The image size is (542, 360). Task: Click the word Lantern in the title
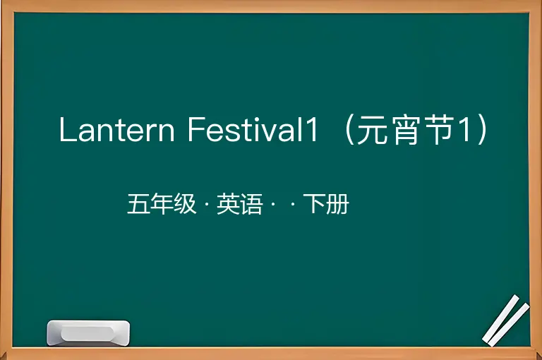[x=117, y=130]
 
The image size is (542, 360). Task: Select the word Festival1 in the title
[x=253, y=129]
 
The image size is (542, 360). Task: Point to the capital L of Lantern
[x=67, y=129]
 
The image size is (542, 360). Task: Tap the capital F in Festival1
[x=196, y=129]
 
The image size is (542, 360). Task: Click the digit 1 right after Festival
[x=311, y=129]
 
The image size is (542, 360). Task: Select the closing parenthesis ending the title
[x=483, y=130]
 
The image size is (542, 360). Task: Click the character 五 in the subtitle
[x=138, y=204]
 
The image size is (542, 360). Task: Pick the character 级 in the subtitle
[x=185, y=204]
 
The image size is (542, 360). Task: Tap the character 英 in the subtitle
[x=228, y=204]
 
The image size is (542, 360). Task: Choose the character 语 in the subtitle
[x=251, y=204]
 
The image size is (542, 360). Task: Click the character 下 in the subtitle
[x=314, y=204]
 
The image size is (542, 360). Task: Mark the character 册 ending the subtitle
[x=337, y=204]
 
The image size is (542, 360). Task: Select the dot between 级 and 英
[x=207, y=205]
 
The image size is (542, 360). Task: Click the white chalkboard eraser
[x=88, y=332]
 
